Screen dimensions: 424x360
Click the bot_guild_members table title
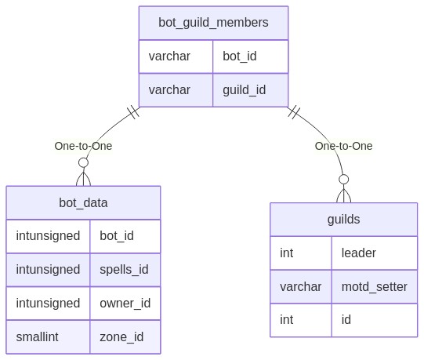pyautogui.click(x=213, y=23)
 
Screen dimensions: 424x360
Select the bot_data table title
pyautogui.click(x=83, y=202)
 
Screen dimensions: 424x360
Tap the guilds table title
pyautogui.click(x=344, y=220)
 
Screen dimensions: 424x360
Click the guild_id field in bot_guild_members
pyautogui.click(x=245, y=90)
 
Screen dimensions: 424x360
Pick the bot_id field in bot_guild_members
pyautogui.click(x=240, y=56)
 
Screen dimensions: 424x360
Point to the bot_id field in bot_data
pyautogui.click(x=117, y=236)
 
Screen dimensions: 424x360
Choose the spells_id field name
pyautogui.click(x=124, y=270)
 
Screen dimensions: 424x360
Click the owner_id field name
pyautogui.click(x=125, y=304)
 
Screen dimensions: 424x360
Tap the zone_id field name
pyautogui.click(x=121, y=337)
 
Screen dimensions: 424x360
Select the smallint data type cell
pyautogui.click(x=37, y=337)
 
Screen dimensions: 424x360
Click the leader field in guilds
pyautogui.click(x=359, y=253)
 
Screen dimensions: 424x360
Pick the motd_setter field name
pyautogui.click(x=375, y=286)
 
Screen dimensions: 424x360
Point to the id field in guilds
pyautogui.click(x=346, y=320)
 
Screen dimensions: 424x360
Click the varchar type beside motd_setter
pyautogui.click(x=300, y=286)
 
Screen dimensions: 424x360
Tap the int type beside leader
pyautogui.click(x=286, y=253)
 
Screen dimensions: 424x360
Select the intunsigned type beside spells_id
pyautogui.click(x=48, y=270)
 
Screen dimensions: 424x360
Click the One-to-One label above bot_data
pyautogui.click(x=83, y=146)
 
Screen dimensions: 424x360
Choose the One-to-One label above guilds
pyautogui.click(x=344, y=146)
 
